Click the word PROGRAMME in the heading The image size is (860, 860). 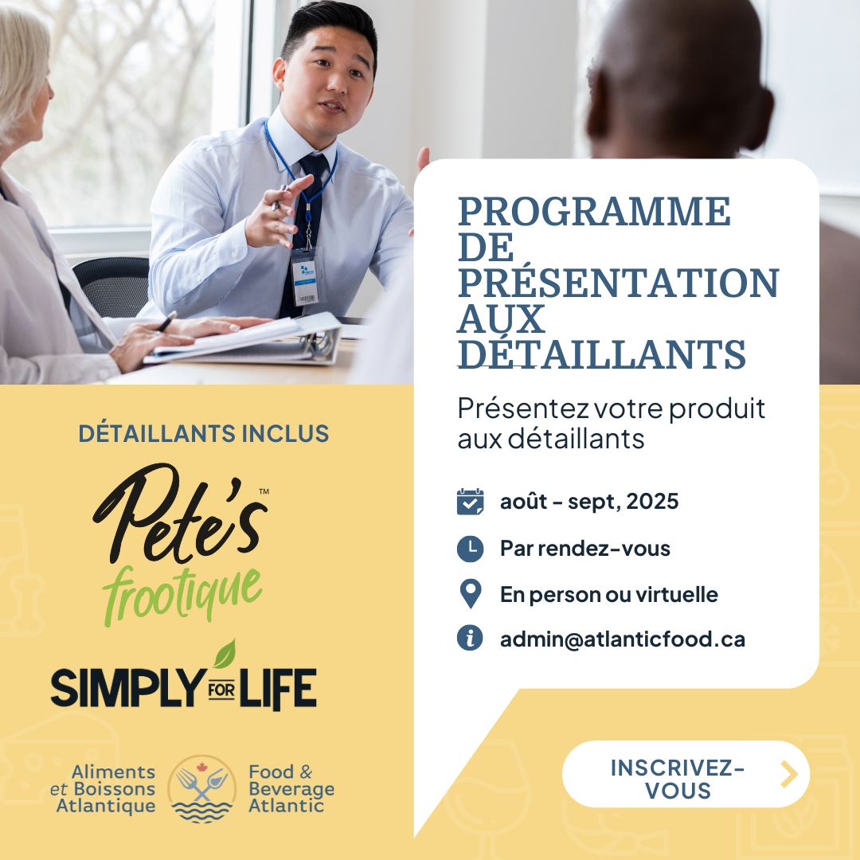coord(594,211)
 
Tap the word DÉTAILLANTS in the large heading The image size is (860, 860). coord(602,354)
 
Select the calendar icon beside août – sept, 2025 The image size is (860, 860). coord(470,502)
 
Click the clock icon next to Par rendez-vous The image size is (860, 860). coord(470,549)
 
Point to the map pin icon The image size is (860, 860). coord(471,593)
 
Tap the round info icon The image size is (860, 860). coord(470,639)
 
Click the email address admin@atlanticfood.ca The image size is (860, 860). coord(623,639)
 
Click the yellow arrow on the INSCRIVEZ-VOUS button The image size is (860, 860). coord(789,775)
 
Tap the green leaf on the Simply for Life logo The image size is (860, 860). coord(225,655)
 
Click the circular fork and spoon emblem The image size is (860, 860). coord(201,788)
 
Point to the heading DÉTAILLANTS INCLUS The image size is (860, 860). coord(204,433)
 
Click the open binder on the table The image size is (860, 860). coord(244,340)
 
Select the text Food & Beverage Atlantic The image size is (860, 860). coord(291,788)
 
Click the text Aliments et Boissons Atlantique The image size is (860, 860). coord(103,788)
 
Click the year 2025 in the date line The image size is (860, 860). coord(652,502)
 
